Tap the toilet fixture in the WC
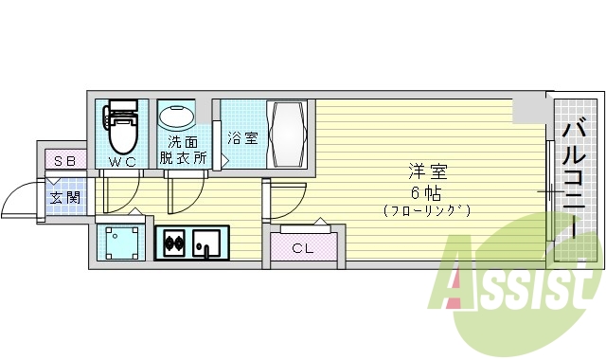pyautogui.click(x=121, y=129)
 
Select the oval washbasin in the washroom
pyautogui.click(x=175, y=117)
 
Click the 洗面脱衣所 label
pyautogui.click(x=182, y=151)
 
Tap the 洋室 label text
pyautogui.click(x=427, y=171)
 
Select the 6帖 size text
pyautogui.click(x=427, y=190)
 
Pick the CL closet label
pyautogui.click(x=302, y=249)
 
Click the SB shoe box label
pyautogui.click(x=64, y=161)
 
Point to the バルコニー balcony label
pyautogui.click(x=575, y=180)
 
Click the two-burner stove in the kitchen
pyautogui.click(x=174, y=244)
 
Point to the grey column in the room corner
pyautogui.click(x=529, y=109)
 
